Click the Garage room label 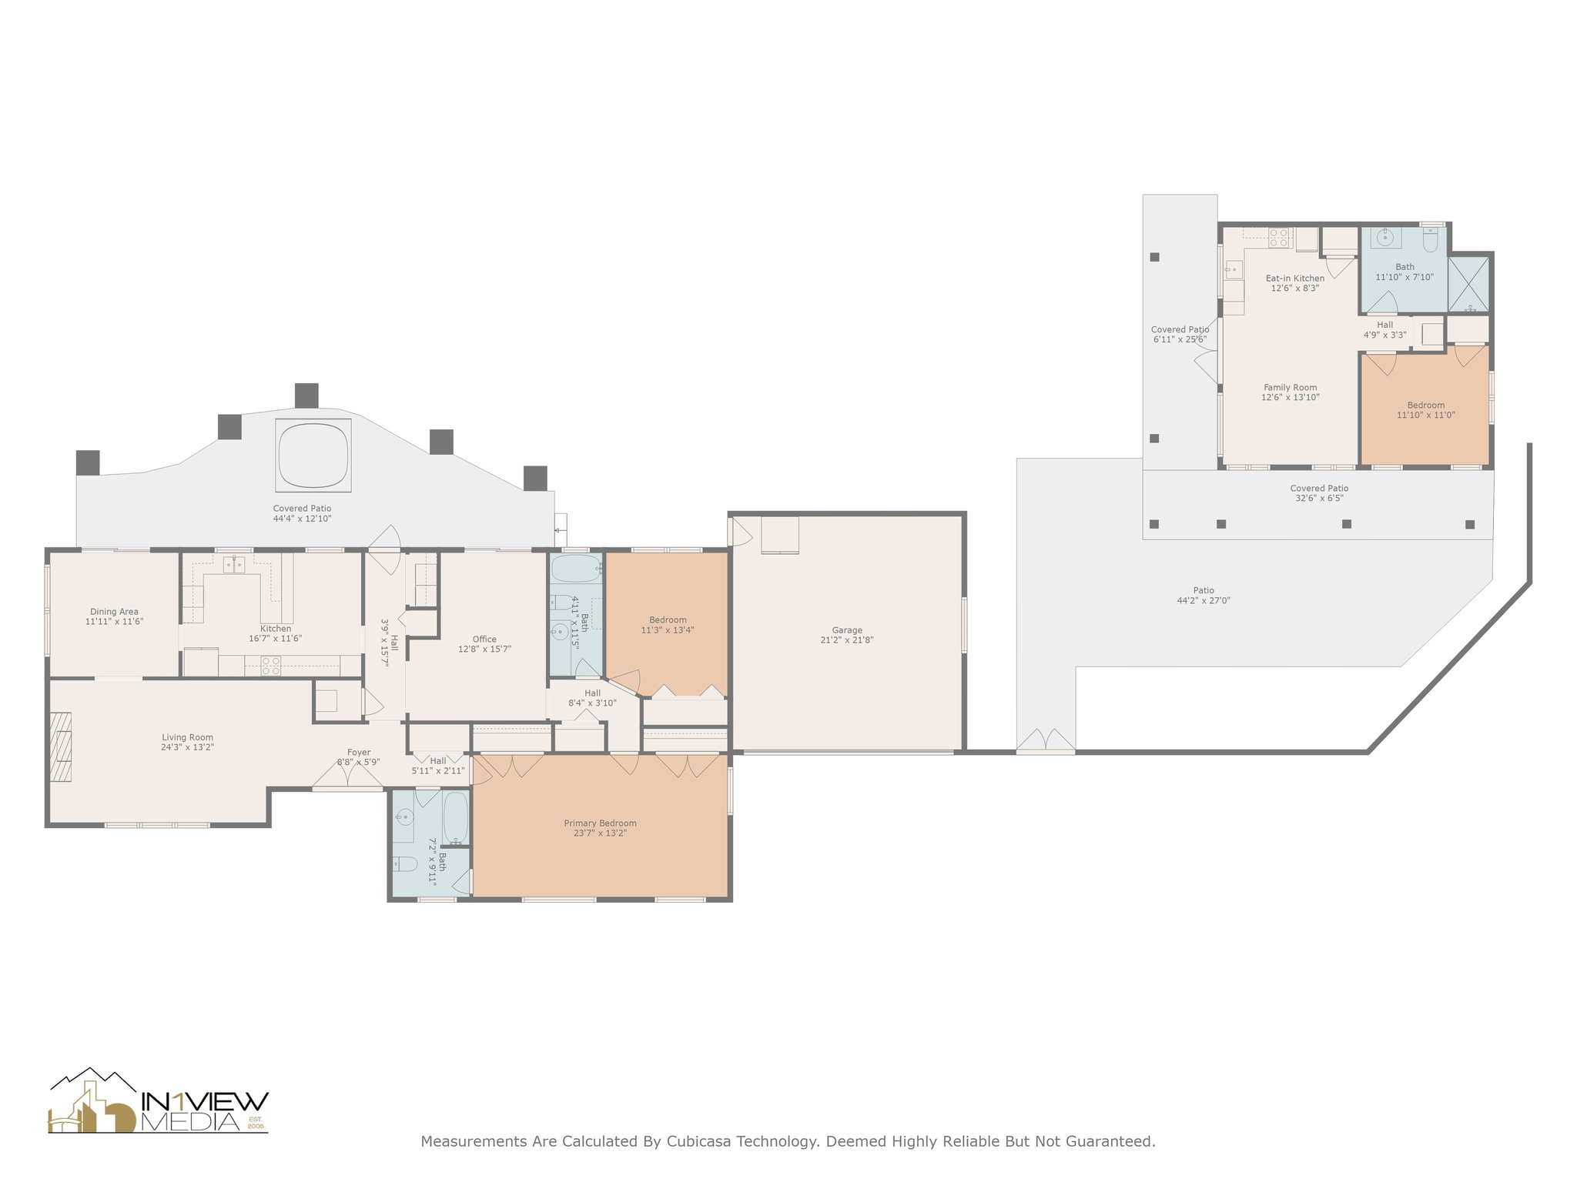coord(847,630)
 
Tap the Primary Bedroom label coord(601,823)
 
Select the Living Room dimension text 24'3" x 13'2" coord(187,747)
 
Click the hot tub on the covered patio coord(313,455)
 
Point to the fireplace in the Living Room coord(61,747)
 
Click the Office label coord(484,639)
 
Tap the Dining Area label coord(114,612)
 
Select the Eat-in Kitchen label coord(1295,279)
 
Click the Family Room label coord(1291,388)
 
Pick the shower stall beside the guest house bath coord(1469,284)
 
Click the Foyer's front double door coord(348,777)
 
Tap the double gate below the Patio coord(1046,740)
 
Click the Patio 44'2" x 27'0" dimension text coord(1204,601)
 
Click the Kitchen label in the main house coord(276,629)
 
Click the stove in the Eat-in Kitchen coord(1279,237)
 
